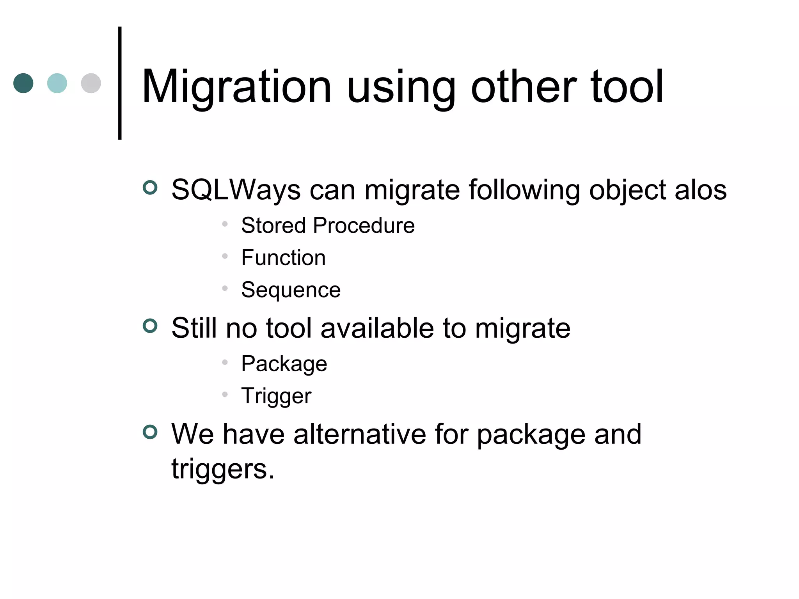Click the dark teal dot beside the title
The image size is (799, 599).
23,83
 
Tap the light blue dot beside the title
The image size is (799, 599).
57,83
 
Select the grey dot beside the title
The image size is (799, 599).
91,83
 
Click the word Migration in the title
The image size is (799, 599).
236,87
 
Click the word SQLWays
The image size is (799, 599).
236,190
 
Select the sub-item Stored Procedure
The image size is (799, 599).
328,225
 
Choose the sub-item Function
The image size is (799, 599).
283,258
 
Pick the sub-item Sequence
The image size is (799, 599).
291,290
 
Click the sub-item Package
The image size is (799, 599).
284,364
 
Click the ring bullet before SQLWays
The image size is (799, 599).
150,188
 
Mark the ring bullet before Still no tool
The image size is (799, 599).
150,326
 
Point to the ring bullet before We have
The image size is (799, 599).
150,432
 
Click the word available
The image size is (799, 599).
377,328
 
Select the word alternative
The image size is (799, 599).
360,434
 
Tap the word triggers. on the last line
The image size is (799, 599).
223,469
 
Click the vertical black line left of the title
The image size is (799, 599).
120,83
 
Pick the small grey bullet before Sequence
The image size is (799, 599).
225,288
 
